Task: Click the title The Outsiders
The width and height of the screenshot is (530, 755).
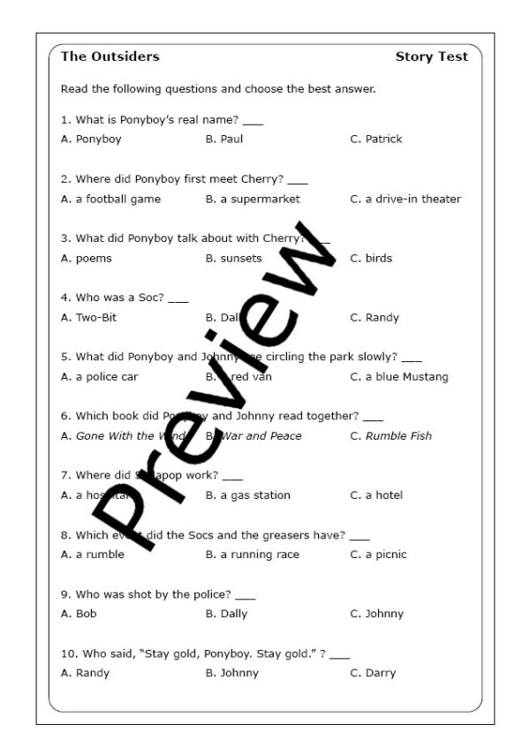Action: click(x=110, y=57)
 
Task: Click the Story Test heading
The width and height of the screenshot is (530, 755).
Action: click(x=431, y=57)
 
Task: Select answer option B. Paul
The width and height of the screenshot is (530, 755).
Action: click(x=224, y=139)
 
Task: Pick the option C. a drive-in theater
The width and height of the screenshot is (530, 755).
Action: click(x=405, y=199)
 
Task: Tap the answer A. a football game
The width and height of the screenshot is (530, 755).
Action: click(x=110, y=199)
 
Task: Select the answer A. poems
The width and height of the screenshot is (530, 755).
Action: click(x=87, y=258)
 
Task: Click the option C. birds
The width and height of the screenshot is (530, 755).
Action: click(x=371, y=258)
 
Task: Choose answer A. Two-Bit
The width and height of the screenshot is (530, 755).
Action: click(x=89, y=317)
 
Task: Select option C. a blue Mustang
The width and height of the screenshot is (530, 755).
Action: click(x=399, y=376)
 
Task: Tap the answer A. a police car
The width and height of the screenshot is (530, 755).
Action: click(x=99, y=376)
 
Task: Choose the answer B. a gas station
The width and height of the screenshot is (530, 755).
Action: click(x=247, y=495)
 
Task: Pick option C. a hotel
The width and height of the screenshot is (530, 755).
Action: click(x=376, y=495)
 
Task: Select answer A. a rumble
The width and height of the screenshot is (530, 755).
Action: click(x=93, y=554)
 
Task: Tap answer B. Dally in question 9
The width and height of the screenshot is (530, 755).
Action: click(x=226, y=613)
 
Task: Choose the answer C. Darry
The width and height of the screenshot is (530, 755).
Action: click(x=373, y=672)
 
